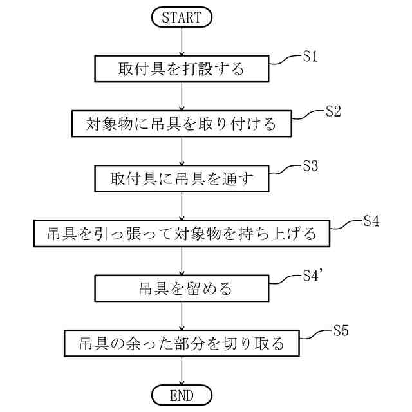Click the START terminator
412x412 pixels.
(182, 17)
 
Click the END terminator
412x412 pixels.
(182, 394)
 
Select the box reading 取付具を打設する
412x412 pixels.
(182, 68)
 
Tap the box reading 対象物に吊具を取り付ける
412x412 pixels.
(182, 123)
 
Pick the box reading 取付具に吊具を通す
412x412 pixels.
(182, 178)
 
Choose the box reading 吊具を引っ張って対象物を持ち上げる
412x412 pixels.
(182, 233)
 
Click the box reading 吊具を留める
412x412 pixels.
(182, 288)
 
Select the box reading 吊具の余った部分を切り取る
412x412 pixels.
(182, 342)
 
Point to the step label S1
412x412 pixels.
(310, 56)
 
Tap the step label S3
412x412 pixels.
(310, 165)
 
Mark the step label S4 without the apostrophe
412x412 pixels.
(370, 221)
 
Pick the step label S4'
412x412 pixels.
(314, 276)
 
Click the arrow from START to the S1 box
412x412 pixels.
(182, 41)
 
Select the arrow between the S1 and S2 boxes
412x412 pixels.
(182, 95)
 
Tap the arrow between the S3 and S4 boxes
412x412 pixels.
(182, 205)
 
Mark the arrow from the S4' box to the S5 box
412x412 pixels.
(182, 315)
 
